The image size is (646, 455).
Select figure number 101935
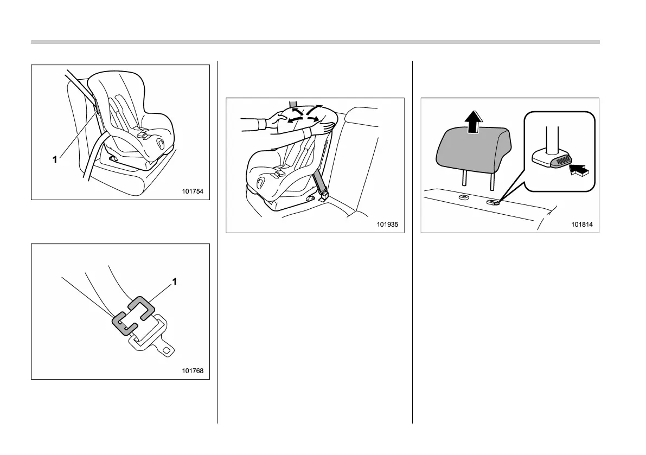[x=390, y=224]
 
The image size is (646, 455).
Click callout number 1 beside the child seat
[x=55, y=160]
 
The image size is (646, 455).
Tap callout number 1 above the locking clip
[x=175, y=282]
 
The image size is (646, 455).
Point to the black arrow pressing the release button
[x=578, y=172]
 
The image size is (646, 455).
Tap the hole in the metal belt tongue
[x=167, y=351]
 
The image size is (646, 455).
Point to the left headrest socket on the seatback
[x=464, y=198]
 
